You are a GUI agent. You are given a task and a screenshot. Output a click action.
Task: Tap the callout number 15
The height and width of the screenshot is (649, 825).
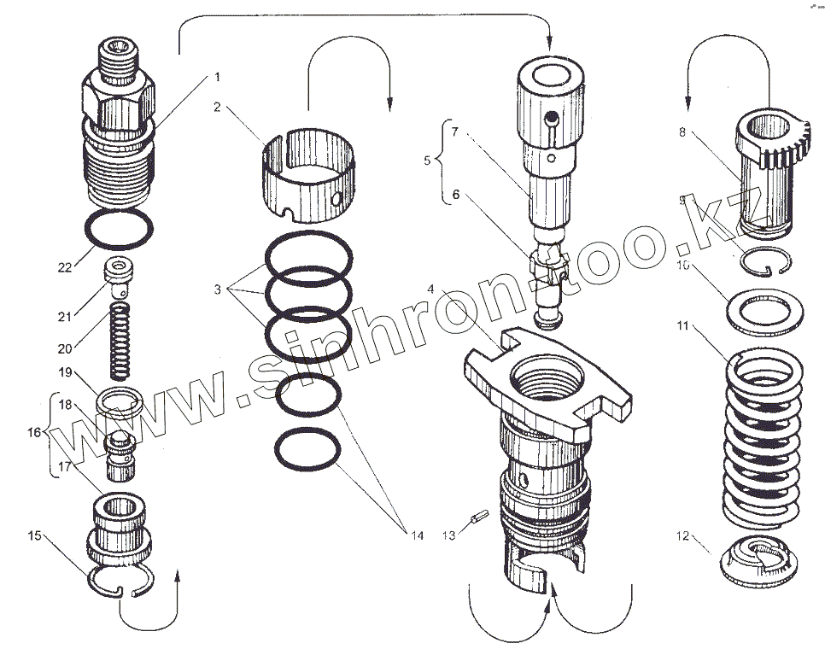click(34, 535)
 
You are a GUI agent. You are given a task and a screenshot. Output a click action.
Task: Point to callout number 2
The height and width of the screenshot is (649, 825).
click(218, 108)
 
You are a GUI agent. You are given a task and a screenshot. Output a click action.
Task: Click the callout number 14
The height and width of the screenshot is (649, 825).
click(417, 535)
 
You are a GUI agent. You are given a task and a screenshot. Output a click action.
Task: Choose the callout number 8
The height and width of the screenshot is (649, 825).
click(682, 132)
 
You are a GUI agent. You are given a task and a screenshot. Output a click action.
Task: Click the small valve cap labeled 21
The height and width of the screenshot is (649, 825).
click(120, 273)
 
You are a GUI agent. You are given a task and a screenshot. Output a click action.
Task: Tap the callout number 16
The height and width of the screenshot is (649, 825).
click(33, 433)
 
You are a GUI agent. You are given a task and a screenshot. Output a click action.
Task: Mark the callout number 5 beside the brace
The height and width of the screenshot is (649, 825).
click(429, 159)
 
